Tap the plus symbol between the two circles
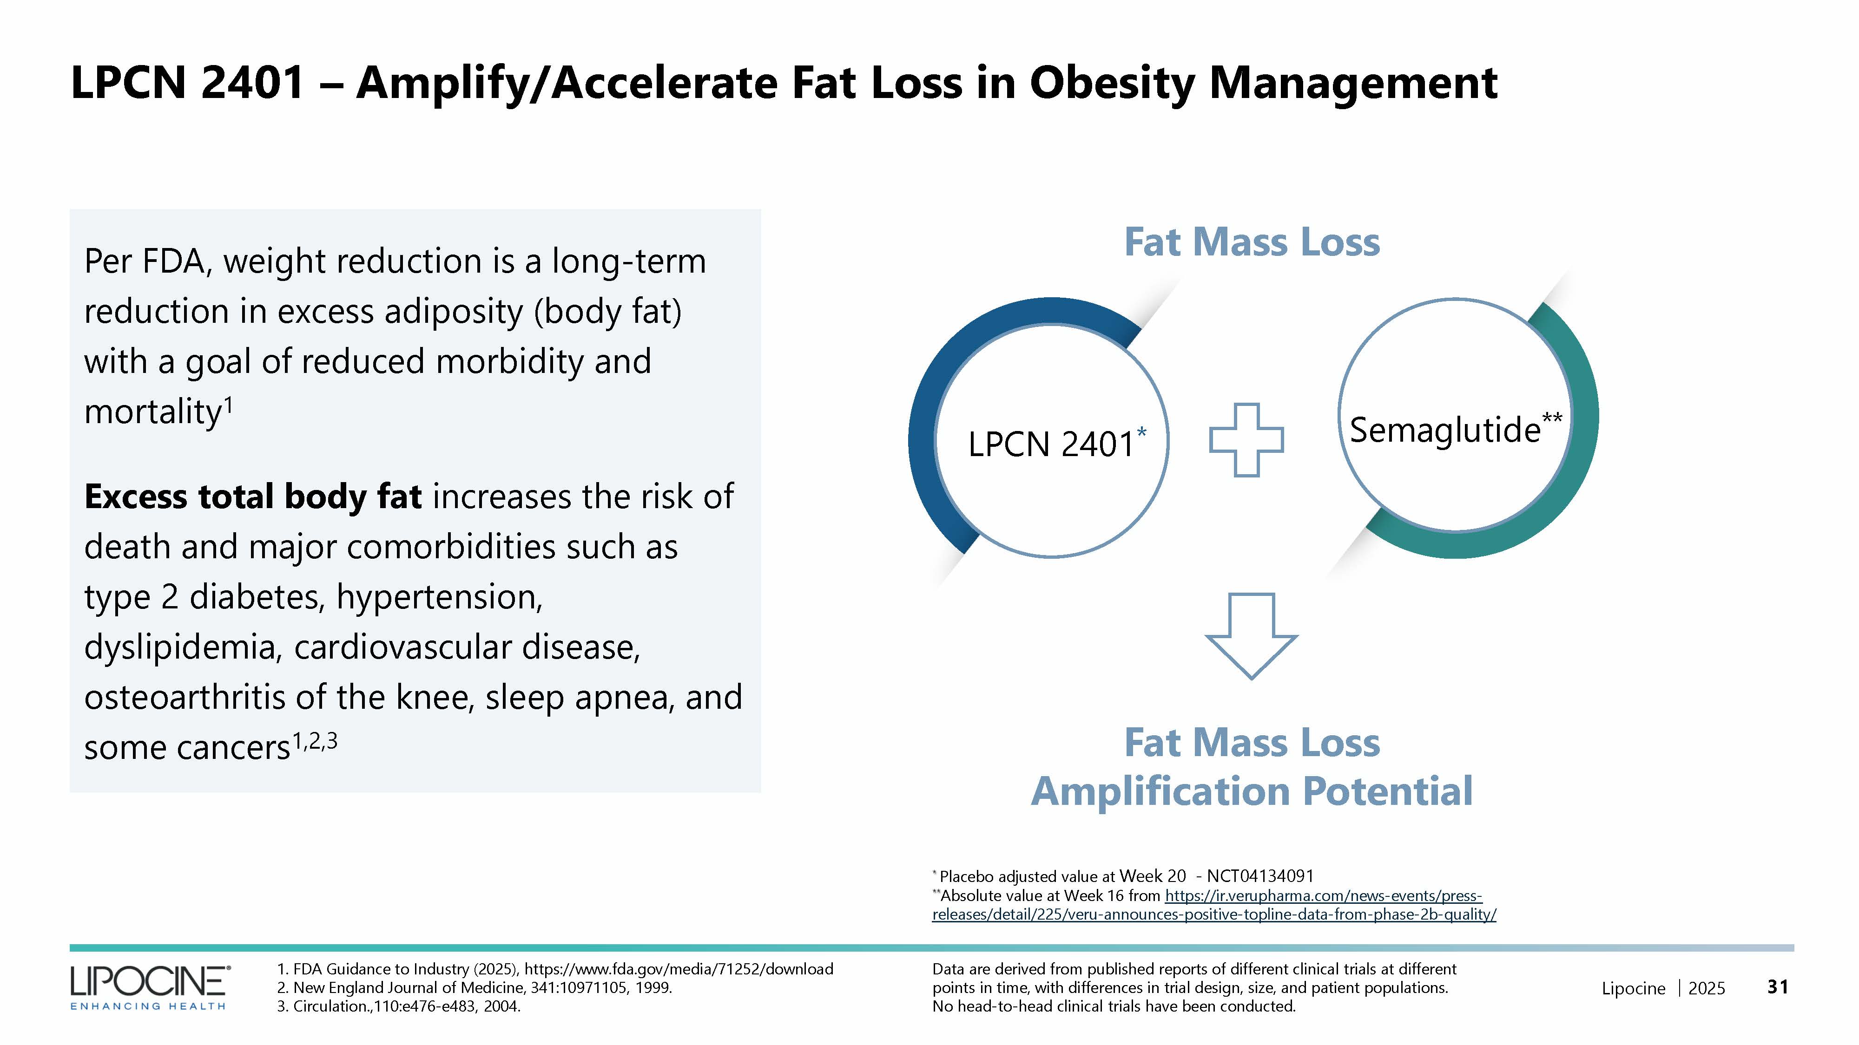1246,440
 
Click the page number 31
1778,986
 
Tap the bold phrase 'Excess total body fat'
252,497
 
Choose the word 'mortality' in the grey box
152,412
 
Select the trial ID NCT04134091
1260,876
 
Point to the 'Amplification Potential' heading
1252,791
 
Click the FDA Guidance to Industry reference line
555,968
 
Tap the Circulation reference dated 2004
398,1006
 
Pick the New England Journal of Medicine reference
474,987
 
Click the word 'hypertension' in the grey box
439,597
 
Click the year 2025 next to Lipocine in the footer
1706,988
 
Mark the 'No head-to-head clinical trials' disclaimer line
1114,1006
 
